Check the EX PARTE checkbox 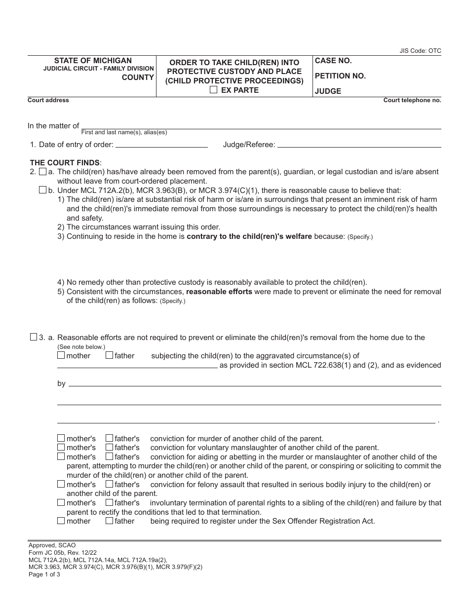point(213,90)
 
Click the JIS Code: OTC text point(420,51)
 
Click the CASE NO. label point(333,61)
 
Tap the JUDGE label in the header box point(328,91)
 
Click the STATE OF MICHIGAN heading point(93,61)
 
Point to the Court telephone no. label point(412,100)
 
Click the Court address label point(48,100)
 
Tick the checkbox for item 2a point(42,172)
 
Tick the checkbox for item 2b point(42,190)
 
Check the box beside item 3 point(34,338)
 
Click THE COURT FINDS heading point(65,162)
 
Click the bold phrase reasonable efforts point(219,292)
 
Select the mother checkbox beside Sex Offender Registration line point(61,521)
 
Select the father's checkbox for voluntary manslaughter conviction point(109,448)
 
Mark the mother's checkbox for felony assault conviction point(61,484)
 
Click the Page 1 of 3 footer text point(44,574)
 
